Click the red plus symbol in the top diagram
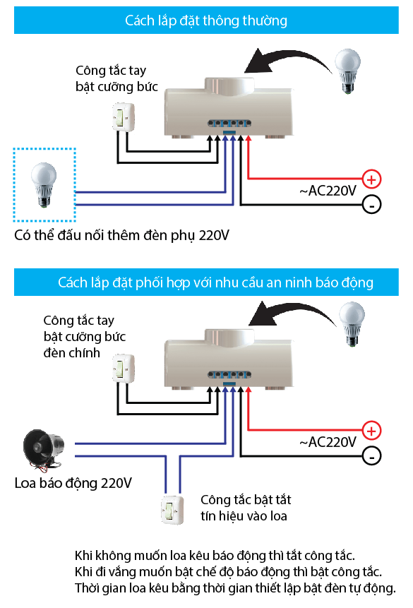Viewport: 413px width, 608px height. [371, 179]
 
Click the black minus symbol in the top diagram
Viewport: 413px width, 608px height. [371, 205]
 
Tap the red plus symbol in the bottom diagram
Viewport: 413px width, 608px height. [371, 429]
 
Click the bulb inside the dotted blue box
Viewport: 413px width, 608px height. [43, 183]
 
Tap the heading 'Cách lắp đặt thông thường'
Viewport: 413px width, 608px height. [206, 20]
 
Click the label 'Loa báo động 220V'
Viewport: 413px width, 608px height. [73, 484]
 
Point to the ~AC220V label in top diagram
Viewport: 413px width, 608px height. [328, 191]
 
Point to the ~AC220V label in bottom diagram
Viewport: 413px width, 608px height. [328, 443]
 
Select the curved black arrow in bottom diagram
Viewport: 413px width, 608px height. [289, 313]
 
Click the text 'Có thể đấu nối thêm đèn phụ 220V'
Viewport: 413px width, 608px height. [122, 234]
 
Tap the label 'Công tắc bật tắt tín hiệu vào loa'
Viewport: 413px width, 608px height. [246, 508]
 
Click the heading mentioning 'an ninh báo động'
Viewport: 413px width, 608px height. [215, 282]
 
